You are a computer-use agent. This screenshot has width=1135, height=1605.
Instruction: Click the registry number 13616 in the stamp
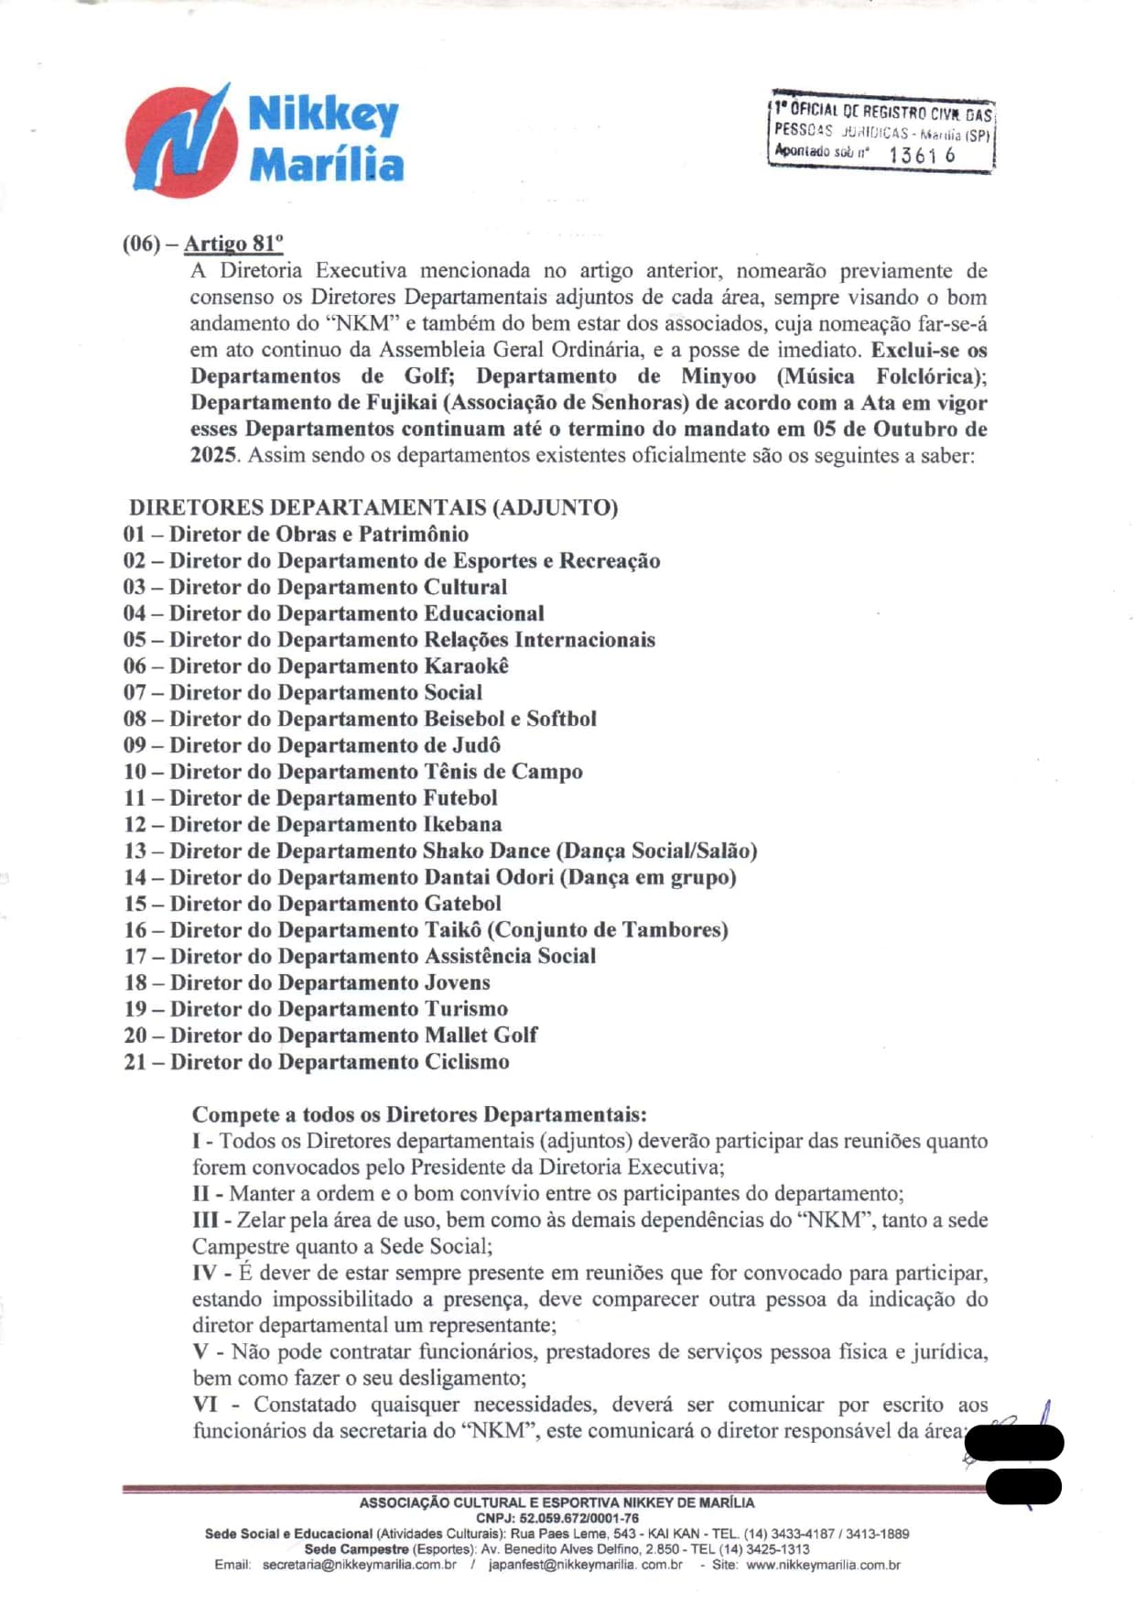pos(921,155)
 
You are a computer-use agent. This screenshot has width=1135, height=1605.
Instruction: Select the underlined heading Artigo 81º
pos(233,244)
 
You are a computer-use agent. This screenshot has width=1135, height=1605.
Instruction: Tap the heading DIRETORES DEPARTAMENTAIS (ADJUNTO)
pos(373,507)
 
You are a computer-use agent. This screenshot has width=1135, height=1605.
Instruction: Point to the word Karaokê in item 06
pos(466,667)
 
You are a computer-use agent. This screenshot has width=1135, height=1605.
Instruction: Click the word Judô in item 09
pos(472,745)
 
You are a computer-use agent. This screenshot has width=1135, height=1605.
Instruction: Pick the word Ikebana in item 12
pos(462,825)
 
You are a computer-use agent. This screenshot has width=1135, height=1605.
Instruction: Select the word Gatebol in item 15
pos(463,904)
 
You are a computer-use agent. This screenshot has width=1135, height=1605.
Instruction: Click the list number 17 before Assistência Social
pos(135,957)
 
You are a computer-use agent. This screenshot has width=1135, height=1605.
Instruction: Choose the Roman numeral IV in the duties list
pos(204,1274)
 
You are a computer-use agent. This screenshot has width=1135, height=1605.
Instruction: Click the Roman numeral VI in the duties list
pos(205,1405)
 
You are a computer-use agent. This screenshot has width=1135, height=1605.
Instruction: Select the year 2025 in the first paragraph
pos(213,455)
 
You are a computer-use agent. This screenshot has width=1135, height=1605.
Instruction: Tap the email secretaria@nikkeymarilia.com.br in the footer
pos(359,1565)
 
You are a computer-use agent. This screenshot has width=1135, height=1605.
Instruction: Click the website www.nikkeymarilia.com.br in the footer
pos(823,1565)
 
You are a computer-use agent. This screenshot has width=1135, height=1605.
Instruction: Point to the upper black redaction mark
pos(1014,1443)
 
